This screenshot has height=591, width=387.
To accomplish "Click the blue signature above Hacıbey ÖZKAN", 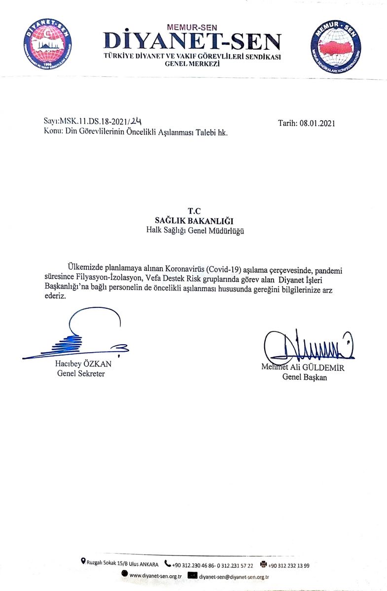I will pos(79,340).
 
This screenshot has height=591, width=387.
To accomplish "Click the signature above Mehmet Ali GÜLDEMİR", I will pos(308,347).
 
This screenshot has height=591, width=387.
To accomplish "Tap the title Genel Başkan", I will pos(304,377).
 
